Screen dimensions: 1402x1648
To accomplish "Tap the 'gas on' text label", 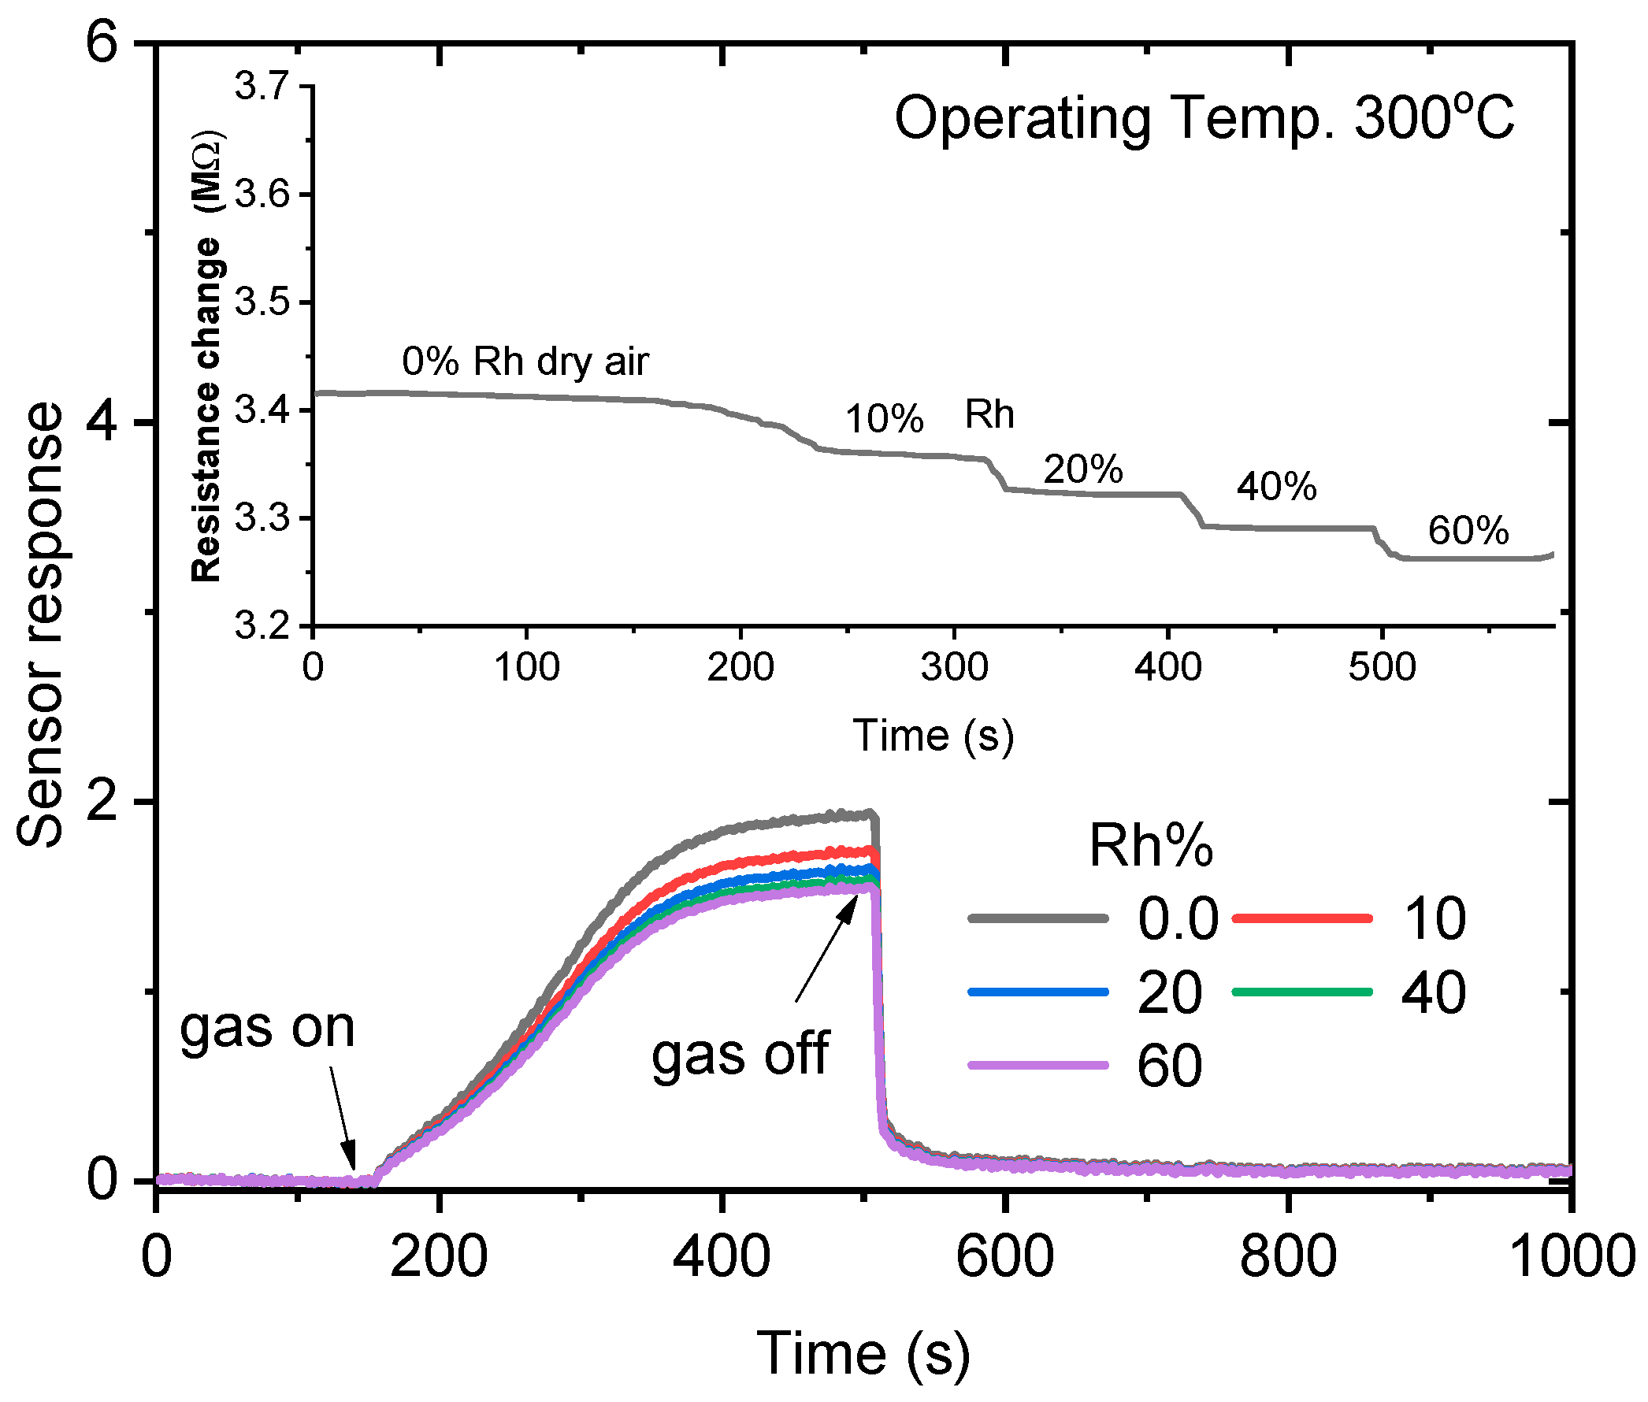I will point(266,1029).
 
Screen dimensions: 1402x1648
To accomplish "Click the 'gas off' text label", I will point(739,1055).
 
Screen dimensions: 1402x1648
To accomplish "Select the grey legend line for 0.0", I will point(1037,918).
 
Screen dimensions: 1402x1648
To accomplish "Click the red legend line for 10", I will point(1301,918).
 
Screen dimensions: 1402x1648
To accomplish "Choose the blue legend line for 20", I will point(1037,991).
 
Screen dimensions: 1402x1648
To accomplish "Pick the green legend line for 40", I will point(1301,991).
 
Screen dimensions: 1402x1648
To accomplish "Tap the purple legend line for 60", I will point(1037,1065).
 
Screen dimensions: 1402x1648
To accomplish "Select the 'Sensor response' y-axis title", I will point(39,625).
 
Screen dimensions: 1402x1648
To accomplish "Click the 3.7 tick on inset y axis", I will point(261,86).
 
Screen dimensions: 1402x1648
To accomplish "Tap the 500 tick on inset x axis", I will point(1381,666).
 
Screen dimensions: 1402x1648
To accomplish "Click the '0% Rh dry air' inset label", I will point(525,362).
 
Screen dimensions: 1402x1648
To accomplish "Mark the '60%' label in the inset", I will point(1467,530).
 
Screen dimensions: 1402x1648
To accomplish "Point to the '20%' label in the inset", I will point(1082,469).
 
